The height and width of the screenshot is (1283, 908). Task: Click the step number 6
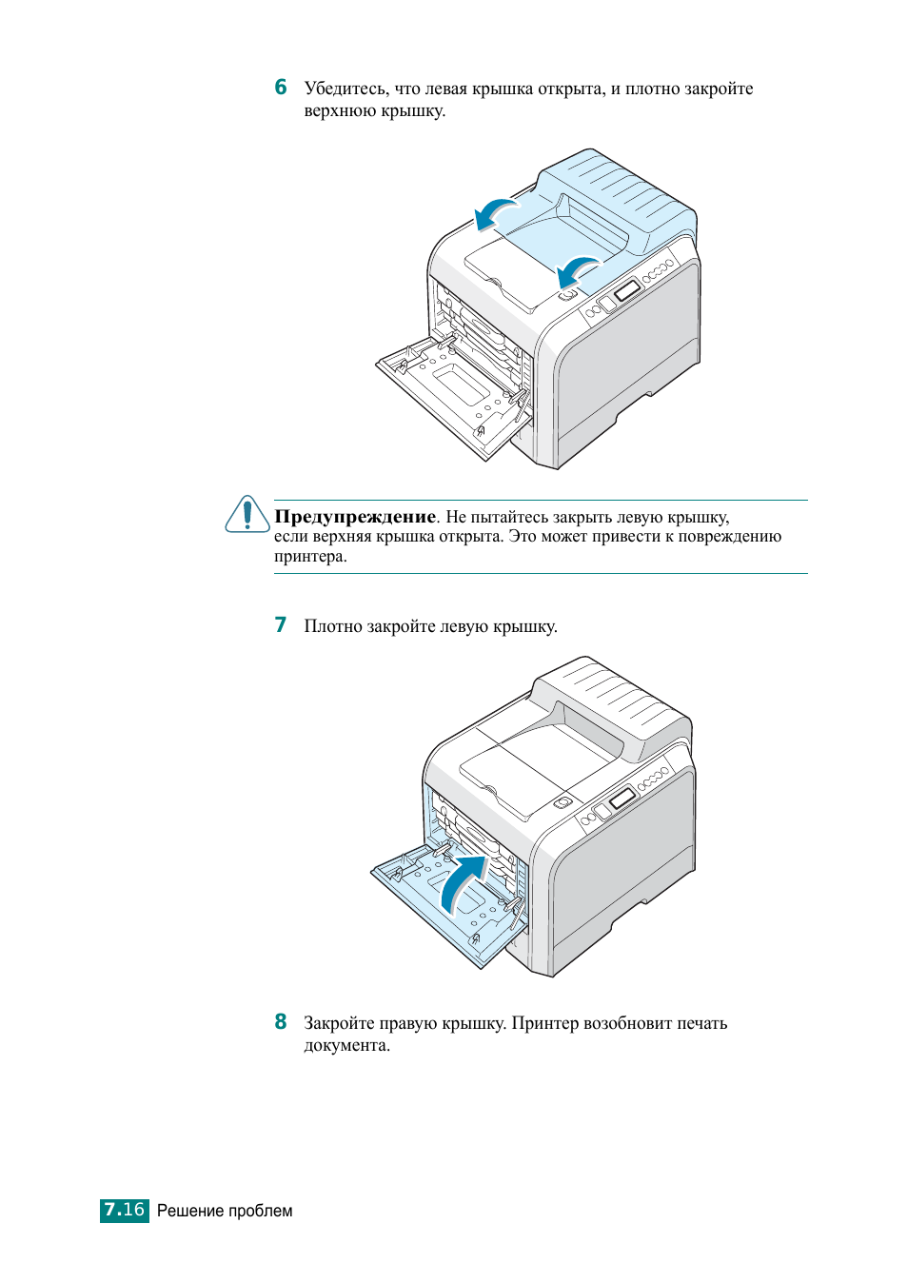[x=281, y=88]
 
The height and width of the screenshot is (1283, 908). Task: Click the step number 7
[x=281, y=625]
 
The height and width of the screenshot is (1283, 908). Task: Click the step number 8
[x=281, y=1022]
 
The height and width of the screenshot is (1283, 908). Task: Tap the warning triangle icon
[x=247, y=515]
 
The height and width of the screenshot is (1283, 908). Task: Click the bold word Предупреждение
[x=355, y=517]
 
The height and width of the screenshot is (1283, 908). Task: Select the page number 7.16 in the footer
[x=125, y=1210]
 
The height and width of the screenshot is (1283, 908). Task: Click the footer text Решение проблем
[x=225, y=1211]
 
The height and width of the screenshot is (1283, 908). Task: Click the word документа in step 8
[x=346, y=1045]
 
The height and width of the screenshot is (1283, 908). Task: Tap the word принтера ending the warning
[x=309, y=557]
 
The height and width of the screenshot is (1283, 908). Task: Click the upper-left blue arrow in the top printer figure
[x=496, y=212]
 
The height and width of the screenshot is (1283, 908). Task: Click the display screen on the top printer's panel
[x=626, y=290]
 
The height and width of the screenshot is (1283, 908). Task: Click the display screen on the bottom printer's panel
[x=622, y=798]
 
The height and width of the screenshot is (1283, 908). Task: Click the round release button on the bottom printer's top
[x=562, y=802]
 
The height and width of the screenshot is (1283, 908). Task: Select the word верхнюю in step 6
[x=340, y=111]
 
